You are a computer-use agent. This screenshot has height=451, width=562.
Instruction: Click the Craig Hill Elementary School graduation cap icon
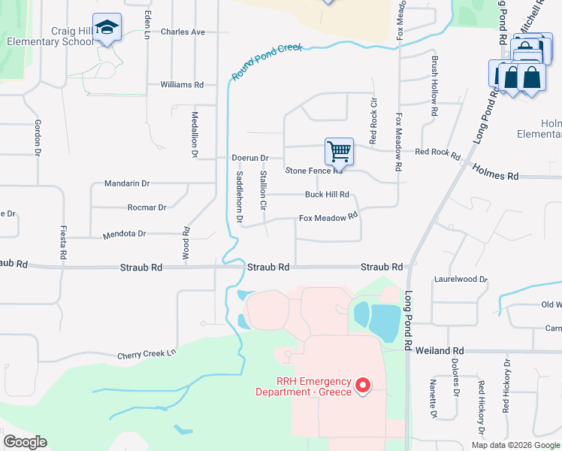pyautogui.click(x=107, y=28)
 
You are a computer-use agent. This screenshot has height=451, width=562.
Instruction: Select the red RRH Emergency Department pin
pyautogui.click(x=363, y=386)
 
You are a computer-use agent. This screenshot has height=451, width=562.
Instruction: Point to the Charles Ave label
pyautogui.click(x=183, y=32)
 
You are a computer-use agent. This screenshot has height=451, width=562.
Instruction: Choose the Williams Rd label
pyautogui.click(x=182, y=85)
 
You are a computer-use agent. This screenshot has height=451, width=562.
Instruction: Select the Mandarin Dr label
pyautogui.click(x=127, y=183)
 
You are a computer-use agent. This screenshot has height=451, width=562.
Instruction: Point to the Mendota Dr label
pyautogui.click(x=125, y=234)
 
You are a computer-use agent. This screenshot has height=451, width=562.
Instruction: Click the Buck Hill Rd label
pyautogui.click(x=327, y=194)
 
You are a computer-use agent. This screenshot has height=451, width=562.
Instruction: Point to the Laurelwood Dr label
pyautogui.click(x=461, y=279)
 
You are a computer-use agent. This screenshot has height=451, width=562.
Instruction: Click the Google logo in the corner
pyautogui.click(x=25, y=441)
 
